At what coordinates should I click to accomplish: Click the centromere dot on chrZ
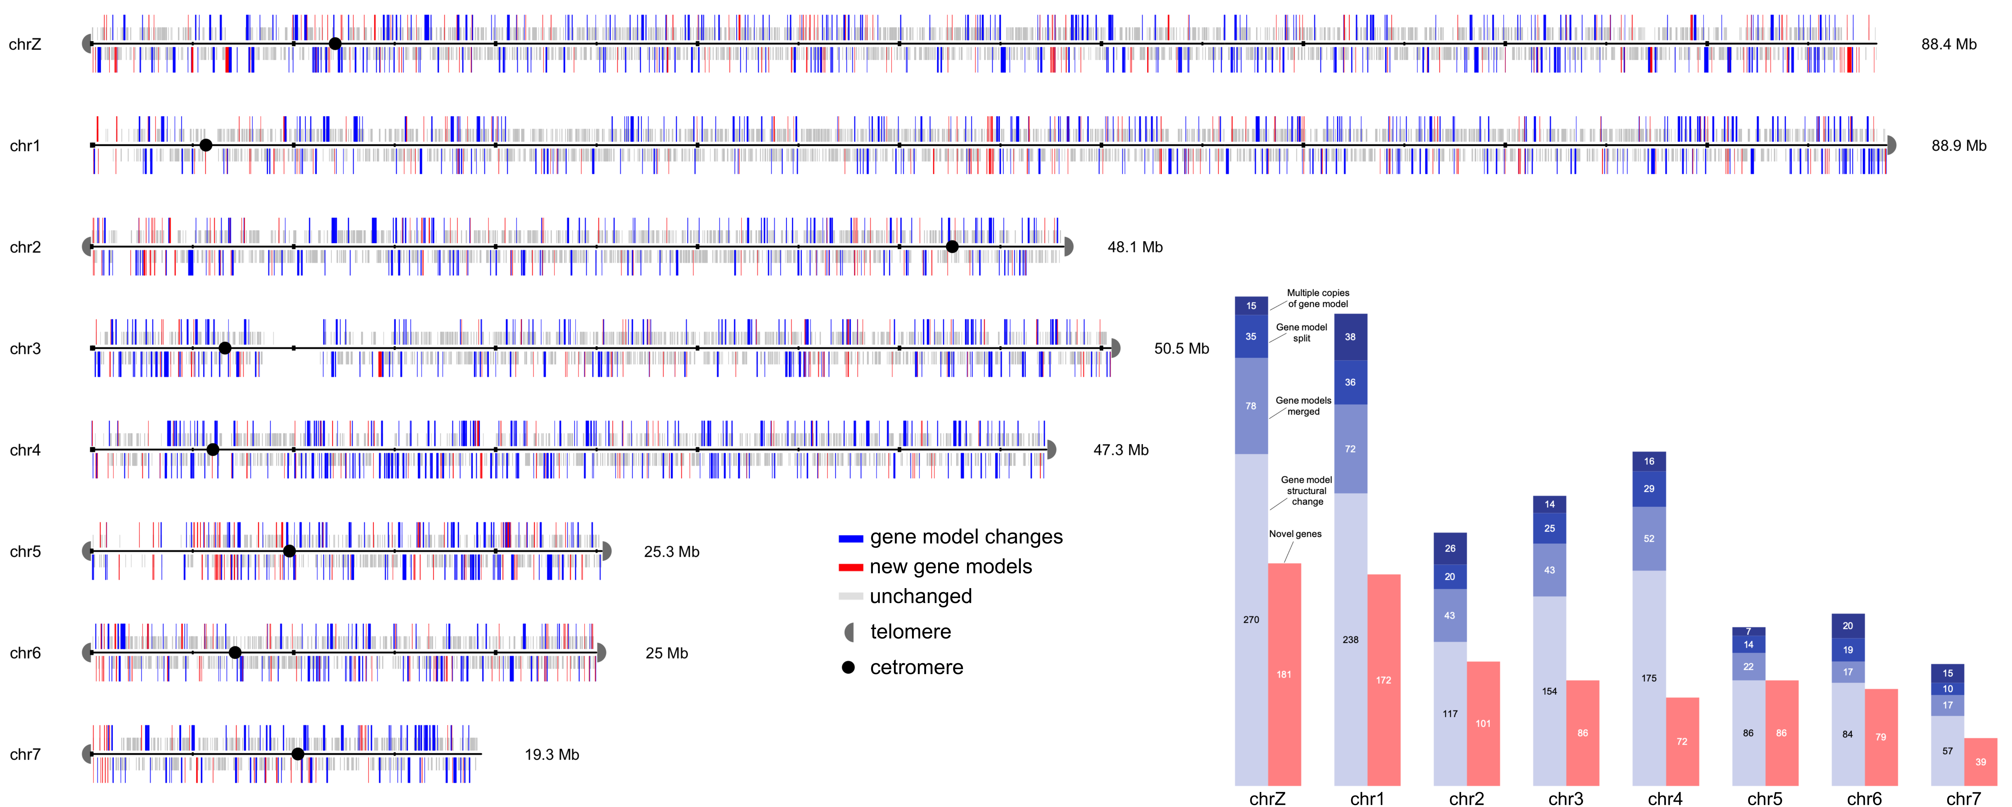pyautogui.click(x=335, y=44)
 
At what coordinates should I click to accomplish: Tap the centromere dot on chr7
pyautogui.click(x=298, y=754)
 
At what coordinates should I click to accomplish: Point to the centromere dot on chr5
pyautogui.click(x=289, y=552)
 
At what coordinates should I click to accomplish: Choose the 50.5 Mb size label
pyautogui.click(x=1181, y=348)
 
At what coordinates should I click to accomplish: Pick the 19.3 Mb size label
pyautogui.click(x=551, y=755)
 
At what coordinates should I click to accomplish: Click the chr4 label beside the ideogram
pyautogui.click(x=25, y=450)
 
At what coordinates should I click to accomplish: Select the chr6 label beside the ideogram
pyautogui.click(x=25, y=653)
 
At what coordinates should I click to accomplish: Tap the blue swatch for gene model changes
pyautogui.click(x=851, y=538)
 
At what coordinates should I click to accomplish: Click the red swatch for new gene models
pyautogui.click(x=851, y=568)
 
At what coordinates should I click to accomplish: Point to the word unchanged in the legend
pyautogui.click(x=921, y=596)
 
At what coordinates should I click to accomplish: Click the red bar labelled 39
pyautogui.click(x=1981, y=762)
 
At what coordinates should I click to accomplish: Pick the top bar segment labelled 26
pyautogui.click(x=1450, y=549)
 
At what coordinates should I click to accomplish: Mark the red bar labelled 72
pyautogui.click(x=1682, y=741)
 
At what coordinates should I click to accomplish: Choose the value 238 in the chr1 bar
pyautogui.click(x=1350, y=640)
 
